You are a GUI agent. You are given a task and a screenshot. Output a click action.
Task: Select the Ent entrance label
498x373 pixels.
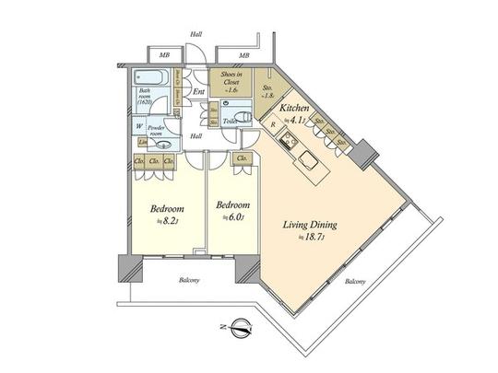(x=197, y=91)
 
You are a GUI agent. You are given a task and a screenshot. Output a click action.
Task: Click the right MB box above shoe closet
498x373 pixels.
(x=244, y=55)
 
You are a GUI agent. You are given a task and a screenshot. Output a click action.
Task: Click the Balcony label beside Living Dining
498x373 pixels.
(x=354, y=282)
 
